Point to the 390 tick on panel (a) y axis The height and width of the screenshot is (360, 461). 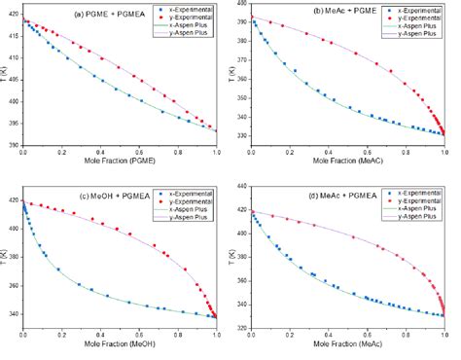coord(14,146)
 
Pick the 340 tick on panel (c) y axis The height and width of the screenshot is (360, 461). coord(14,314)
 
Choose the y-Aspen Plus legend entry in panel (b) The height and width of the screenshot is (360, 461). coord(411,35)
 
